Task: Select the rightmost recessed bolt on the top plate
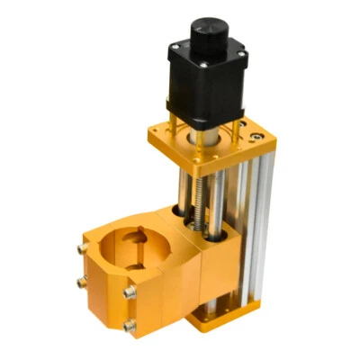point(258,137)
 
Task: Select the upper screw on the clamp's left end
point(82,245)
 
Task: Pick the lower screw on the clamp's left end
point(82,282)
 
